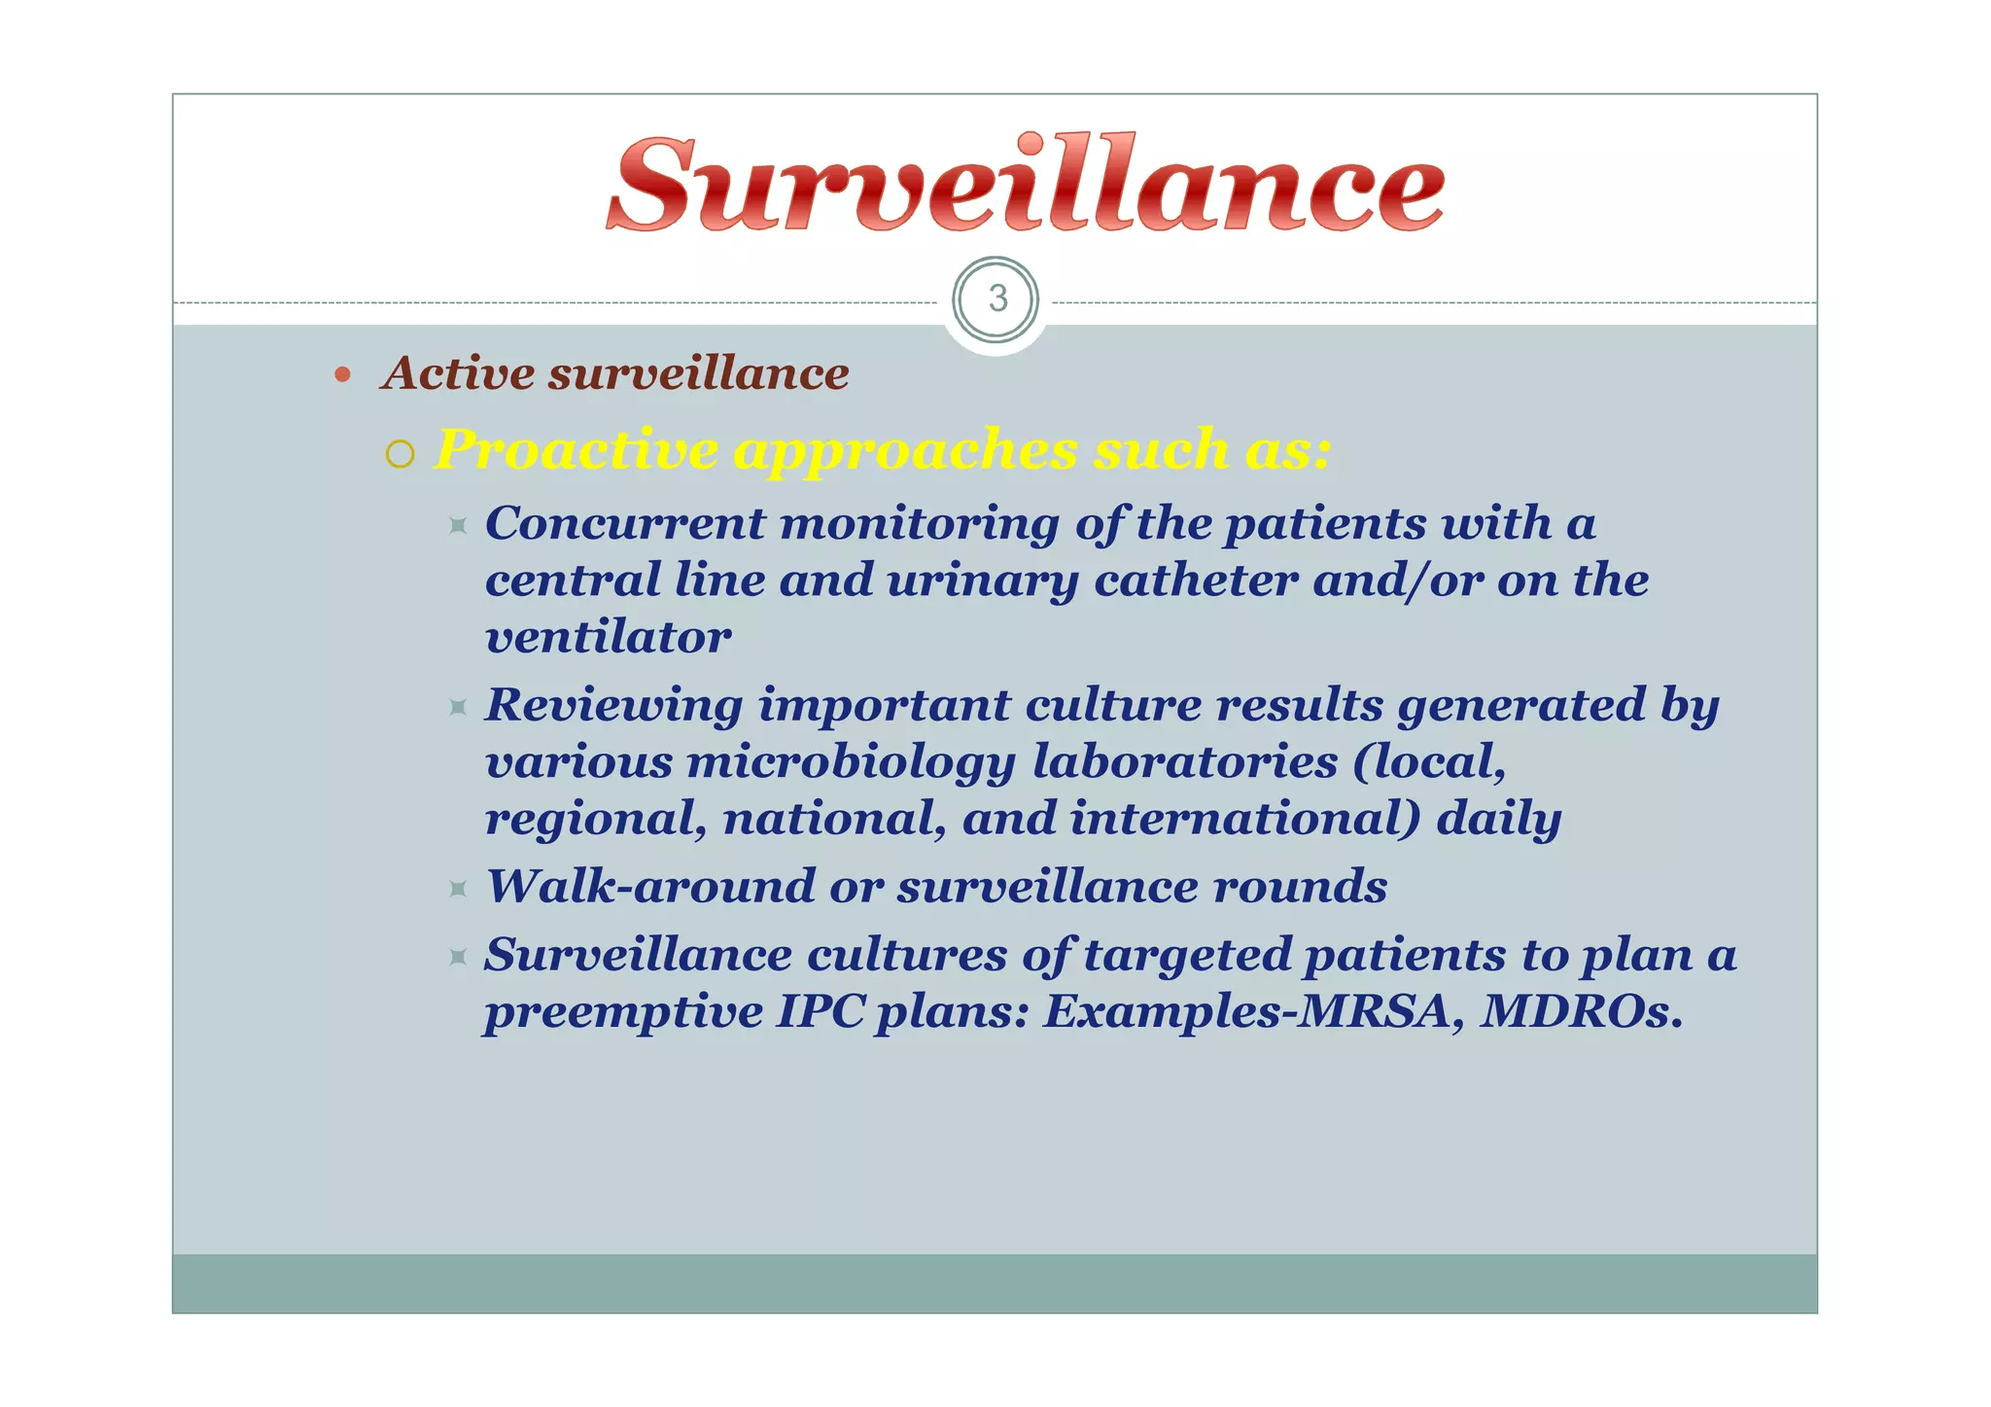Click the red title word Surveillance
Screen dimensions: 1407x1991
[1026, 186]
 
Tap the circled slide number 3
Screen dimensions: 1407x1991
[996, 299]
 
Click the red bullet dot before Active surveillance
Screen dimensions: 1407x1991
[342, 374]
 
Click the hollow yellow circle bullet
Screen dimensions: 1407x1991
[400, 454]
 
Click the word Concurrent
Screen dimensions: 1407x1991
[625, 523]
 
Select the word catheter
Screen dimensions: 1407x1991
[1196, 580]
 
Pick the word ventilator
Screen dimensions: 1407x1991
[608, 637]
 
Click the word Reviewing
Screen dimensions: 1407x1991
[614, 706]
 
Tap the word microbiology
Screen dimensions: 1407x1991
[852, 762]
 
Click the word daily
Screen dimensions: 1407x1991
[1499, 819]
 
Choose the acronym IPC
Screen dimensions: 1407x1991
[819, 1011]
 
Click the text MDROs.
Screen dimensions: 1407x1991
[1582, 1011]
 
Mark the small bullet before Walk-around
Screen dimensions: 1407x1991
[459, 888]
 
